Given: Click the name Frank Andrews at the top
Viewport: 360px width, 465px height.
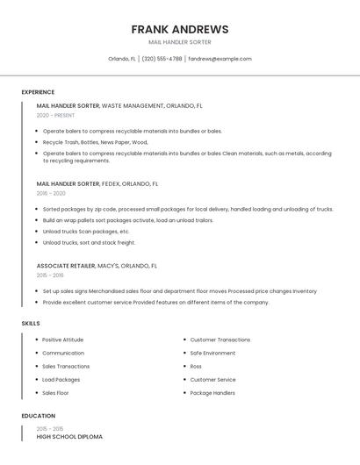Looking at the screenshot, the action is (180, 29).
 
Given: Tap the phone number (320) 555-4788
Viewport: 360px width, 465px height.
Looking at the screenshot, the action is (162, 59).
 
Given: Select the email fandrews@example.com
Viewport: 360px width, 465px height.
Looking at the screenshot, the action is (220, 59).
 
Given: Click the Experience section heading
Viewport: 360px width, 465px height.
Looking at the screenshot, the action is (38, 92).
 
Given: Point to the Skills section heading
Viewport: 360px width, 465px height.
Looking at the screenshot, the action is (31, 324).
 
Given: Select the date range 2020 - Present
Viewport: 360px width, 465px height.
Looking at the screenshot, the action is (55, 115).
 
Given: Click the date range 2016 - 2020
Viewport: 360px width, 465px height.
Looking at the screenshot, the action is (51, 193).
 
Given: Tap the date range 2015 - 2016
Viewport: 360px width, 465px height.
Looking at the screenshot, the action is (50, 275).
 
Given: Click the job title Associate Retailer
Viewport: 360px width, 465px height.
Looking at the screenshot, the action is (65, 265).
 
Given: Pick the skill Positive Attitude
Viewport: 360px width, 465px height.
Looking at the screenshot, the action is (62, 340).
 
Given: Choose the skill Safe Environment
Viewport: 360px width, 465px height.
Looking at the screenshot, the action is (212, 353).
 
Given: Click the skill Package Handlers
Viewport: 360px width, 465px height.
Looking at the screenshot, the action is (212, 393).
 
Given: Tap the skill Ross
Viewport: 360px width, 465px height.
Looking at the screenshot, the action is (196, 366).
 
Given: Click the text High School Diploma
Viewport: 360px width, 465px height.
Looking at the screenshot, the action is (69, 436).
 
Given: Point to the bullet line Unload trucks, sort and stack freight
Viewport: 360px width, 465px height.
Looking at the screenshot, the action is (89, 242).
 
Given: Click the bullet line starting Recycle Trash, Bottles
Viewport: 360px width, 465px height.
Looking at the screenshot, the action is (95, 141).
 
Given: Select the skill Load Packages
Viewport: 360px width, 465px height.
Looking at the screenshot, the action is (61, 380).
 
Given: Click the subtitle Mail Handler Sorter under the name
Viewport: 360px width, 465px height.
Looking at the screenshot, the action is (180, 42).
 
